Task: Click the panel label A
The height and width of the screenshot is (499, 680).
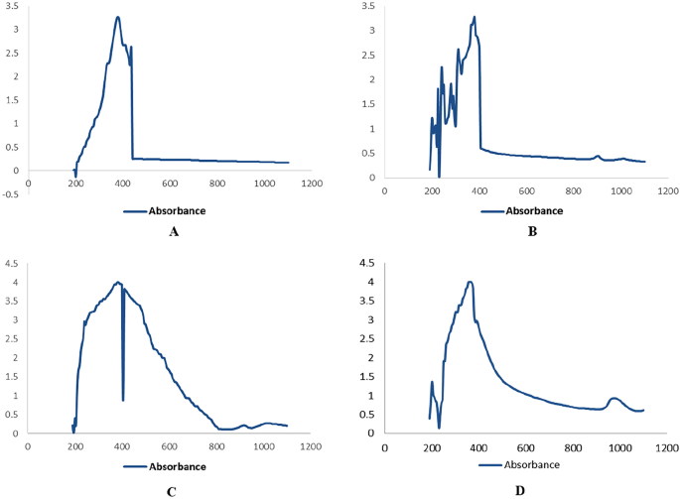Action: [x=174, y=232]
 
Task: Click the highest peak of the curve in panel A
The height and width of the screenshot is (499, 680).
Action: [x=117, y=17]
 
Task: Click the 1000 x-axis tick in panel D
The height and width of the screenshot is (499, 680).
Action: [x=620, y=447]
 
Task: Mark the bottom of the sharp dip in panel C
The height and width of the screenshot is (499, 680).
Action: [x=122, y=400]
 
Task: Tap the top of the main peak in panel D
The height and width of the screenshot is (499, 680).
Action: [x=470, y=282]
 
